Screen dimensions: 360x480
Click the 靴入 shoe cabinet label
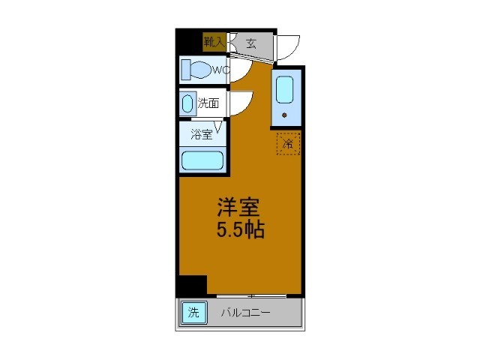click(x=214, y=42)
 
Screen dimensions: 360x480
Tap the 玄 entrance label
click(x=250, y=43)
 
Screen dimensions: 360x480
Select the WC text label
click(x=219, y=70)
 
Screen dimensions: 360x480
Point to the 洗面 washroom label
click(x=208, y=103)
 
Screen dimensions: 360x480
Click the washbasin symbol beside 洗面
click(x=187, y=104)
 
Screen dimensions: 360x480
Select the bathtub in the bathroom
click(x=202, y=160)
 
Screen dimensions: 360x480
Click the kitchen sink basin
click(x=285, y=90)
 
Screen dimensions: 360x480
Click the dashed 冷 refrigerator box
click(x=288, y=142)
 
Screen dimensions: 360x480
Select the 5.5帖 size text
click(x=240, y=229)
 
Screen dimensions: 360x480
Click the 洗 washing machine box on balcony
click(x=192, y=312)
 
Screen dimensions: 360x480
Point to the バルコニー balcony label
click(x=244, y=312)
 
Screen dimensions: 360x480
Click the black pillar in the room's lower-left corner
click(x=192, y=286)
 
